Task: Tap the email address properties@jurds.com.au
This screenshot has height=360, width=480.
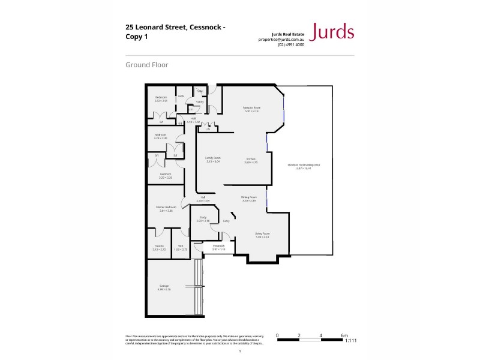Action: tap(281, 39)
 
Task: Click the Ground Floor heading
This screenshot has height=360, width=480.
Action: tap(146, 65)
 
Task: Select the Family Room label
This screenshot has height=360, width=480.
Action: tap(213, 160)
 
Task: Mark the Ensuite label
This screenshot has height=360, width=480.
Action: tap(159, 247)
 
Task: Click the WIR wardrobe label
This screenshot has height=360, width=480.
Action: tap(180, 247)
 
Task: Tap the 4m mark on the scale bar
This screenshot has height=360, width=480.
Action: tap(321, 335)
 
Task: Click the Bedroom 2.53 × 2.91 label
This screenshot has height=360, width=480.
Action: tap(161, 99)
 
